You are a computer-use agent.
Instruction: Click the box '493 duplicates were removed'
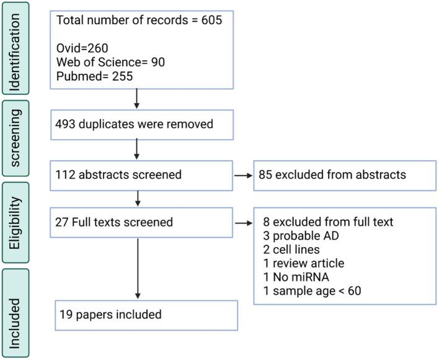(x=142, y=125)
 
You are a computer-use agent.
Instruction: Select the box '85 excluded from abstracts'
(x=344, y=175)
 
